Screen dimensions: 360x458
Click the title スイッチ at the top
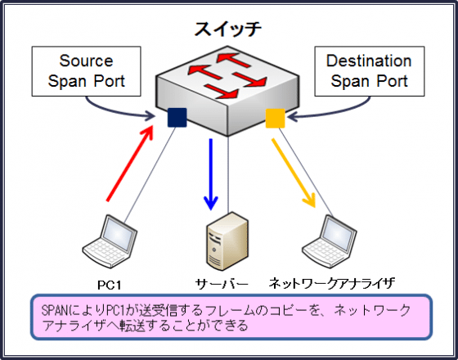pyautogui.click(x=228, y=29)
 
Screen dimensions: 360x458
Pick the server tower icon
pyautogui.click(x=225, y=241)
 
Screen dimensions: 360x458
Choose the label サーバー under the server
pyautogui.click(x=221, y=283)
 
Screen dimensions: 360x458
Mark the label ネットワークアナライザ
pyautogui.click(x=331, y=283)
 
